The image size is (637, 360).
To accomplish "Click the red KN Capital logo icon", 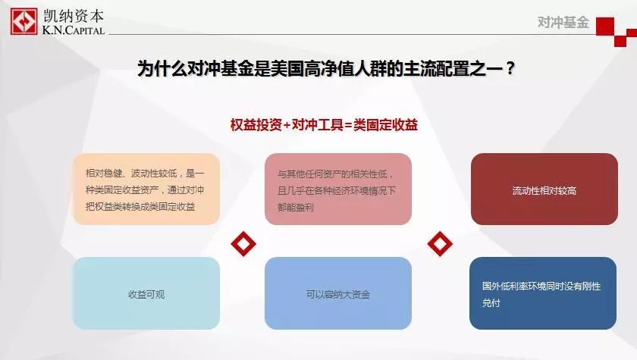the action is coord(24,21).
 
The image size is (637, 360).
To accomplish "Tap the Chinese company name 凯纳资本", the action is coord(74,16).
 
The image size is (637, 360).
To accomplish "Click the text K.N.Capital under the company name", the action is coord(74,30).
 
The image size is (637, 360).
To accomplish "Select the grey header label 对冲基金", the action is coord(563,22).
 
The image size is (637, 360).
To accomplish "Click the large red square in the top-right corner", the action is coord(605,27).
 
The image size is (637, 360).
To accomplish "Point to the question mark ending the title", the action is coord(510,68).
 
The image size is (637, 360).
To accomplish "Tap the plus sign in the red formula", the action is coord(287,125).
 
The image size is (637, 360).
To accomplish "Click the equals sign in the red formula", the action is coord(348,125).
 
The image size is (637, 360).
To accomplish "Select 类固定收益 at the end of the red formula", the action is coord(385,124).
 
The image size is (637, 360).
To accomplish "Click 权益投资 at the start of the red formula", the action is coord(256,124).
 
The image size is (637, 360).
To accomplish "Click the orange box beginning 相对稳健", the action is coord(146,189).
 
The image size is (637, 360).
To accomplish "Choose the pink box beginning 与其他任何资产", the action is coord(338,189).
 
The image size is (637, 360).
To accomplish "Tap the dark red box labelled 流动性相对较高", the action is coord(544,189).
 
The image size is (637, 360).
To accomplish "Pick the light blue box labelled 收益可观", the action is coord(146,293).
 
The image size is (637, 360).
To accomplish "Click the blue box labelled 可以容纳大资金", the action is coord(338,293).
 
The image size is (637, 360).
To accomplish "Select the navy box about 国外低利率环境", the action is coord(543,293).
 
